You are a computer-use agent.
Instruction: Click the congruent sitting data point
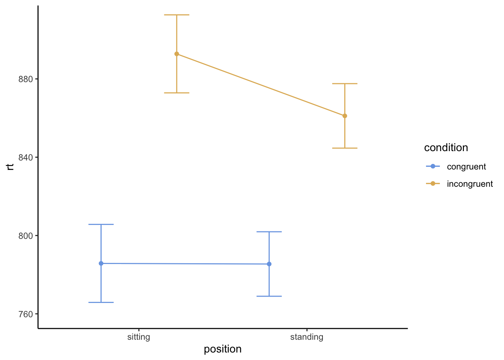coord(101,264)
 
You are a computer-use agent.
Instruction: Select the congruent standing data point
coord(269,264)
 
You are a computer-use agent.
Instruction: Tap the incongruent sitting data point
coord(177,54)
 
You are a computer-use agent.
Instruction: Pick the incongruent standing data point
coord(345,116)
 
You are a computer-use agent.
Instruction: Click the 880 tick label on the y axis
coord(26,79)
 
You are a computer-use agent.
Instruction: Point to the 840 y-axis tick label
coord(26,157)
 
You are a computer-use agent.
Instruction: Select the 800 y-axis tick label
coord(26,236)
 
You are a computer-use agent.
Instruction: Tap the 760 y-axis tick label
coord(26,314)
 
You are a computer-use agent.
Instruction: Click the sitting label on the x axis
coord(139,337)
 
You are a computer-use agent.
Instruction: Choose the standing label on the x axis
coord(307,337)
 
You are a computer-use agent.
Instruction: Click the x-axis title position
coord(223,349)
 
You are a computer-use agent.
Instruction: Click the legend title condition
coord(446,148)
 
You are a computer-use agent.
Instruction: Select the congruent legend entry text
coord(466,166)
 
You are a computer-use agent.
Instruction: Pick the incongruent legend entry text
coord(470,184)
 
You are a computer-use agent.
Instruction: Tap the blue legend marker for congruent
coord(433,166)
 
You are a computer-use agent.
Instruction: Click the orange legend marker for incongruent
coord(433,183)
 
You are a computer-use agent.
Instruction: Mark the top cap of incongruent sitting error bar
coord(177,15)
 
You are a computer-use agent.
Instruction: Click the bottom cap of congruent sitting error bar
coord(101,302)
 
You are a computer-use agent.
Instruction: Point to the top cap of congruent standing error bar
coord(269,232)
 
